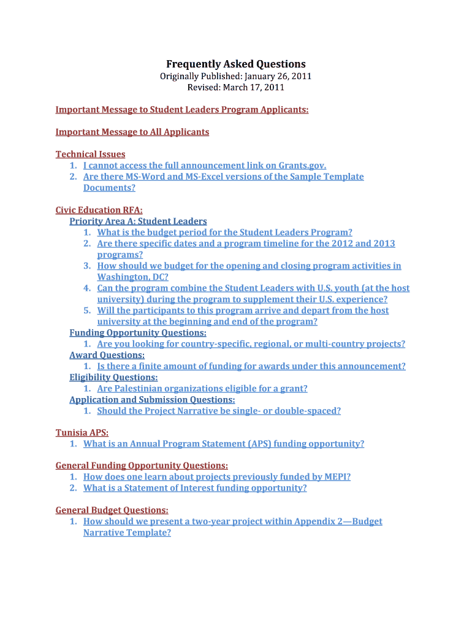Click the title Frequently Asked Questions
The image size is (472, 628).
point(236,64)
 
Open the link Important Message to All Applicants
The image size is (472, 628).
point(132,132)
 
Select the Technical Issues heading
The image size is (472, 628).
point(91,154)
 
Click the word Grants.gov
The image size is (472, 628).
point(302,166)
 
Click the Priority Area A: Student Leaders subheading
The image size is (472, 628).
point(138,221)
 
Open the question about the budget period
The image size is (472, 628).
point(224,232)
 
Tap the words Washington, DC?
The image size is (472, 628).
point(132,277)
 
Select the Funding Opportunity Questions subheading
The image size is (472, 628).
point(138,332)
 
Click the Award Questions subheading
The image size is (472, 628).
point(107,355)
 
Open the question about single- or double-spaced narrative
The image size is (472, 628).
point(219,411)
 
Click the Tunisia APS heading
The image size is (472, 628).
point(82,432)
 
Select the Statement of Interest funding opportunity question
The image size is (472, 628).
point(195,488)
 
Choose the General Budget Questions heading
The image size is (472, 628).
point(112,510)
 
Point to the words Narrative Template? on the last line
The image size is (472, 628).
point(127,532)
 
